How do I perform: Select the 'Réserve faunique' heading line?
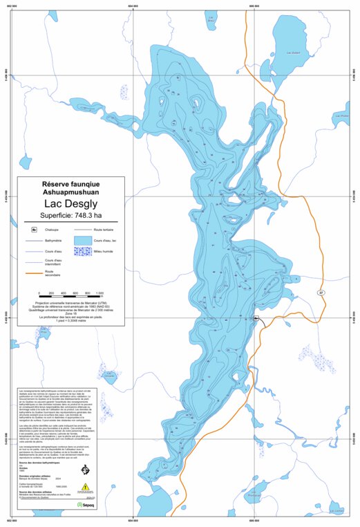tap(71, 184)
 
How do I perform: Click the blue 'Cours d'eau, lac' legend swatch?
tap(83, 240)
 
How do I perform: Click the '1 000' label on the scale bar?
tap(100, 293)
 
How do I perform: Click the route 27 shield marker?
tap(320, 293)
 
